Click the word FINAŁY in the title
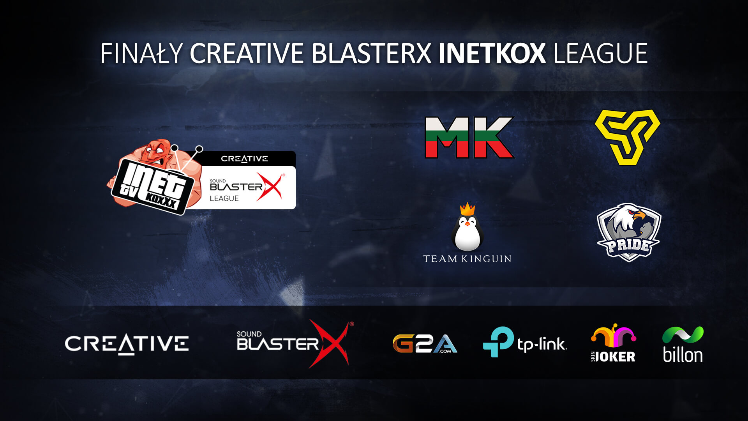142,53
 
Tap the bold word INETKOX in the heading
492,53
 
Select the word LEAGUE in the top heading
600,53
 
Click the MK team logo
469,138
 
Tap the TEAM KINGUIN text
467,259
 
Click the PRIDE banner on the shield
628,246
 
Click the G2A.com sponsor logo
425,343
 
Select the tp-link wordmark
542,345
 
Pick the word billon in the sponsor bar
683,355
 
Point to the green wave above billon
683,335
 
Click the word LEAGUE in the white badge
224,198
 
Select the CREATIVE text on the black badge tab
244,159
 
